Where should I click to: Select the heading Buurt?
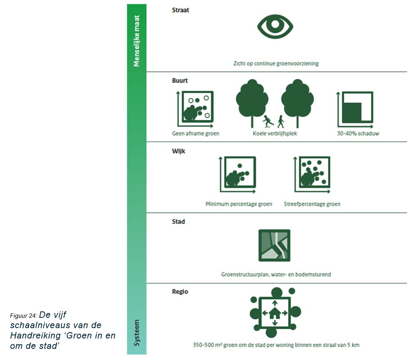pyautogui.click(x=180, y=80)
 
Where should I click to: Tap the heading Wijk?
pyautogui.click(x=179, y=151)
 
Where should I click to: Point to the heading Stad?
pyautogui.click(x=178, y=222)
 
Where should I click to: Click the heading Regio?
pyautogui.click(x=180, y=292)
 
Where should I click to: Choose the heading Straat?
pyautogui.click(x=180, y=10)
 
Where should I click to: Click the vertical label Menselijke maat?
pyautogui.click(x=137, y=41)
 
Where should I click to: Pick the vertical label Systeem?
pyautogui.click(x=137, y=333)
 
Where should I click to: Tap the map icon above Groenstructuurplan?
pyautogui.click(x=274, y=245)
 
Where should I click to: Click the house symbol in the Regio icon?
pyautogui.click(x=274, y=313)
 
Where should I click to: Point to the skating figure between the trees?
pyautogui.click(x=267, y=121)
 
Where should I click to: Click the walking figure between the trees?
pyautogui.click(x=281, y=121)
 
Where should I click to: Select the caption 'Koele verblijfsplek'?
pyautogui.click(x=275, y=134)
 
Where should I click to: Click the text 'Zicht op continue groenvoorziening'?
pyautogui.click(x=276, y=64)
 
